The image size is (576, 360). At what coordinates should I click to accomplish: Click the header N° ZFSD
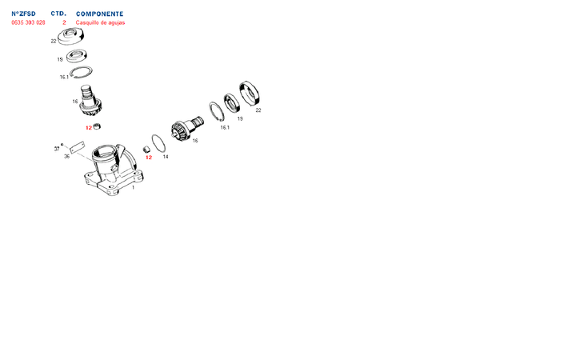(23, 14)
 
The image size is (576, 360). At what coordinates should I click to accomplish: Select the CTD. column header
(58, 14)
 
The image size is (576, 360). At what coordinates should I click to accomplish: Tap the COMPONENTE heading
(99, 14)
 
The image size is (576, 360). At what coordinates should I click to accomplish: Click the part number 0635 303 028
(28, 22)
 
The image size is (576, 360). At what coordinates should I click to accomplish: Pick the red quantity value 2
(64, 22)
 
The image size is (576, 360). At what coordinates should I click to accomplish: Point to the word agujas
(117, 22)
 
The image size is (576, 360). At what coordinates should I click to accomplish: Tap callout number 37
(57, 149)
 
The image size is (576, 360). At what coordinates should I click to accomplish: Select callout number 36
(66, 156)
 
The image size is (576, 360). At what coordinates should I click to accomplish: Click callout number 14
(166, 157)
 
